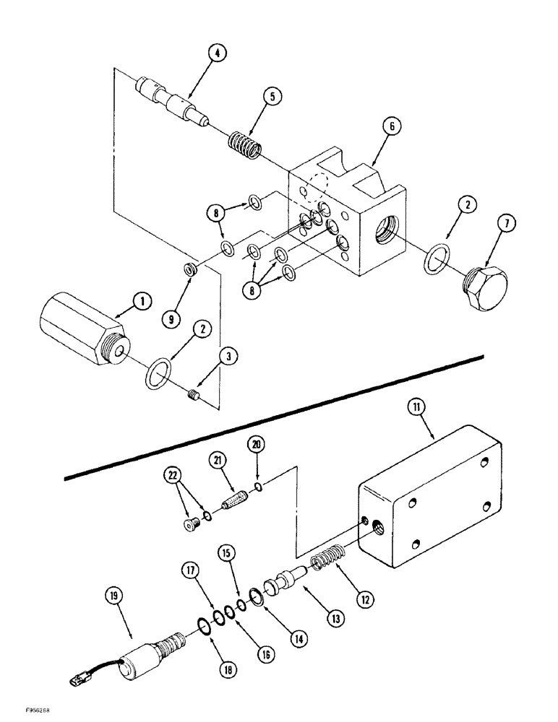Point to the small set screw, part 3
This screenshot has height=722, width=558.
tap(193, 393)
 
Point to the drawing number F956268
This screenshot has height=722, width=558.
tap(24, 711)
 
